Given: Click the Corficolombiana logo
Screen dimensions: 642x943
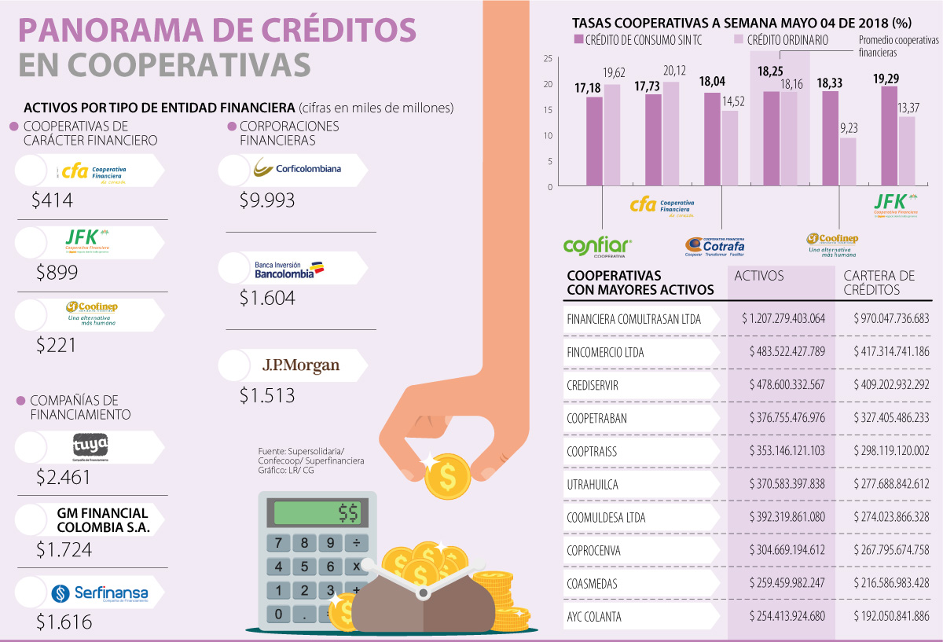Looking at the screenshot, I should [x=297, y=168].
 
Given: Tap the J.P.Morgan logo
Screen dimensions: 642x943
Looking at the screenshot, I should [x=301, y=365].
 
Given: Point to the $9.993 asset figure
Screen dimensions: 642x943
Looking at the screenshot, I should [x=267, y=200].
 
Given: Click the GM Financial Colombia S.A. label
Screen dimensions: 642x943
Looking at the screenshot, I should [x=103, y=520].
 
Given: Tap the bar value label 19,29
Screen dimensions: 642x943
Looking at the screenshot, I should [x=888, y=79].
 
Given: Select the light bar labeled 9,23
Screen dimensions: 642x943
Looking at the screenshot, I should [x=848, y=162].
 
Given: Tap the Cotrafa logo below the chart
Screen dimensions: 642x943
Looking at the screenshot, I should [x=714, y=245].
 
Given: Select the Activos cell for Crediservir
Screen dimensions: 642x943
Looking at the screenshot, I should [x=783, y=385].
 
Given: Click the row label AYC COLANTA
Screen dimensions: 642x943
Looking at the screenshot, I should [x=594, y=617].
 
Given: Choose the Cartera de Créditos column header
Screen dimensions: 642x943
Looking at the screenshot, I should [x=879, y=282].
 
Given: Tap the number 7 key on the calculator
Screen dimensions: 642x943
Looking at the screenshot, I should [x=279, y=543].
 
